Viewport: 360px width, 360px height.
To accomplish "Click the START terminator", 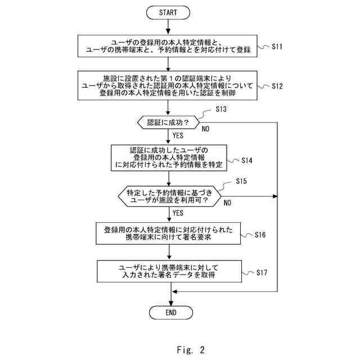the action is coord(168,12).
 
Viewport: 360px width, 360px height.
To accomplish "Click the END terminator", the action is coord(171,313).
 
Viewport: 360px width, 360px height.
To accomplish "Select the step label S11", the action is coord(277,47).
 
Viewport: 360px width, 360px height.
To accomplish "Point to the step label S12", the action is coord(277,86).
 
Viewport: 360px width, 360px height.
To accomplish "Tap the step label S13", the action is coord(221,109).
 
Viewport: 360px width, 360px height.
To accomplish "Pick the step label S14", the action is coord(247,160).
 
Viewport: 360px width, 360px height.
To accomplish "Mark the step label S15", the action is coord(241,181).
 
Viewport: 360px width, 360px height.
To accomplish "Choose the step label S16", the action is coord(260,235).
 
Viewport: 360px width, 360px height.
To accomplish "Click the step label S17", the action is coord(262,272).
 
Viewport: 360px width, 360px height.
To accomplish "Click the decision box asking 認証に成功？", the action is coord(168,123).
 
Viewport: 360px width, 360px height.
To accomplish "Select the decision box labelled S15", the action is coord(169,196).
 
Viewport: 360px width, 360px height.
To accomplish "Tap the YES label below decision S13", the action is coord(178,136).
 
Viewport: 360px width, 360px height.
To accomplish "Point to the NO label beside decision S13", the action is coord(205,129).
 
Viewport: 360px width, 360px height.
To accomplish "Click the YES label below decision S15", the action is coord(178,213).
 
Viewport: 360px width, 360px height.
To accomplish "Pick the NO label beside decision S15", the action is coord(227,202).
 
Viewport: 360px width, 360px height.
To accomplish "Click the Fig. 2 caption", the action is coord(191,350).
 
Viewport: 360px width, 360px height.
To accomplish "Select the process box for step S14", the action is coord(169,157).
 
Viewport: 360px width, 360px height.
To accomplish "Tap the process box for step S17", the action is coord(169,271).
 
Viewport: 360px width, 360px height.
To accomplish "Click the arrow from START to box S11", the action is coord(168,27).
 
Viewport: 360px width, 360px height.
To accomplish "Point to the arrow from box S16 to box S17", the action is coord(169,252).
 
